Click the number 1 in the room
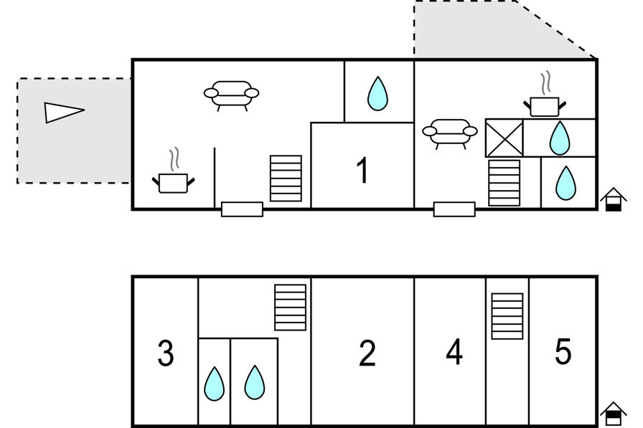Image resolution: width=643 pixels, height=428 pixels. point(362,171)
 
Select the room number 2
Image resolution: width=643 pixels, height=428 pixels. point(367,353)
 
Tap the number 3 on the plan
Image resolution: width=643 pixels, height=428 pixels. point(166,353)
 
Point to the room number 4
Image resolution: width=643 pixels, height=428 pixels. point(454,351)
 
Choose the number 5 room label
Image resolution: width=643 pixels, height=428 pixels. point(563,351)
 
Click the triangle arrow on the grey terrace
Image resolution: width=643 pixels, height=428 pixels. point(64,113)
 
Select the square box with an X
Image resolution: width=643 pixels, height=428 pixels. point(504,138)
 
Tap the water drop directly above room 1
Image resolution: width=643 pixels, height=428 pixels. point(377,94)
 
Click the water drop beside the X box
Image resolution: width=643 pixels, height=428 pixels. point(559,138)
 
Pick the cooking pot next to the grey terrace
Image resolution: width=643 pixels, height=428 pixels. point(174,176)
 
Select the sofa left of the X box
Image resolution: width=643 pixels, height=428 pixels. point(450,133)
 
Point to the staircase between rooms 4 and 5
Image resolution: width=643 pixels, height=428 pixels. point(507,316)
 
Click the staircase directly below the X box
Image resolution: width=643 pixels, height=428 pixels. point(504,183)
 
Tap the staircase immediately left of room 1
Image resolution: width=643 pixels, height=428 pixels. point(286,179)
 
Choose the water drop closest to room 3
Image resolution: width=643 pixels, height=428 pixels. point(214,384)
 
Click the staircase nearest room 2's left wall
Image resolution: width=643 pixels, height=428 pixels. point(291,307)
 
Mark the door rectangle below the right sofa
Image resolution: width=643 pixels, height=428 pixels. point(454,209)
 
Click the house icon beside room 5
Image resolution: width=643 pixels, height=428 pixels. point(614,414)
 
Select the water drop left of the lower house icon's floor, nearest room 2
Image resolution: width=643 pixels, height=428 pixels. point(254,382)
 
